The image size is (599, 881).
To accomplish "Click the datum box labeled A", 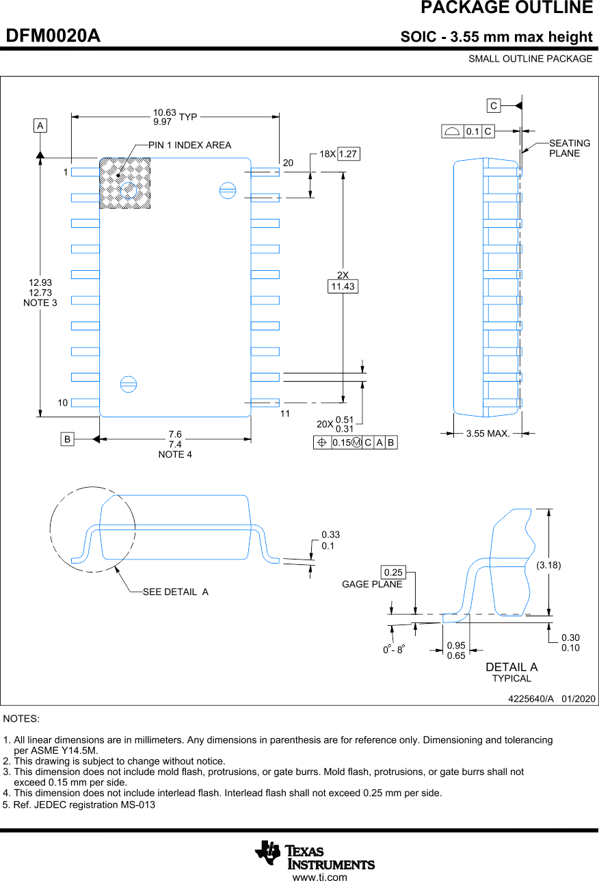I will point(40,126).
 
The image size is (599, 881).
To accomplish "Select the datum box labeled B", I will point(67,439).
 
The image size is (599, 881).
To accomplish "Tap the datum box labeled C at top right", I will point(494,105).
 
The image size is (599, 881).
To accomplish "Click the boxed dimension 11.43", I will point(343,287).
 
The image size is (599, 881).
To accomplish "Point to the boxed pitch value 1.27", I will point(349,154).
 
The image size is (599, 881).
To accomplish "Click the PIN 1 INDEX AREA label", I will point(189,145).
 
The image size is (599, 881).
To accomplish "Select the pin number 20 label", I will point(288,163).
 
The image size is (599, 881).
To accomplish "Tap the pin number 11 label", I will point(284,414).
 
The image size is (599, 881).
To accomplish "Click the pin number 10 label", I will point(63,403).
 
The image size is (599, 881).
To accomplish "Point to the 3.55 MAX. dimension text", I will point(488,434).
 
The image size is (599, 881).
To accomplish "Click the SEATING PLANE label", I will point(569,148).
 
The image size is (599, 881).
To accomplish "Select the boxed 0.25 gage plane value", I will point(393,572).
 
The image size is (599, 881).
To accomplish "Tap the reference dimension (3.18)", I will point(548,565).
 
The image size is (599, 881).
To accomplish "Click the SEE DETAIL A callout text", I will point(175,592).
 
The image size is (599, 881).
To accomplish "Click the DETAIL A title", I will point(511,667).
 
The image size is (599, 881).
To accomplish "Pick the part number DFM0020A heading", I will point(53,36).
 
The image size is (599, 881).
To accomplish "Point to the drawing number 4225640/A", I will point(531,698).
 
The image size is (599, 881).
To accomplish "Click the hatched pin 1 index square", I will point(125,183).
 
